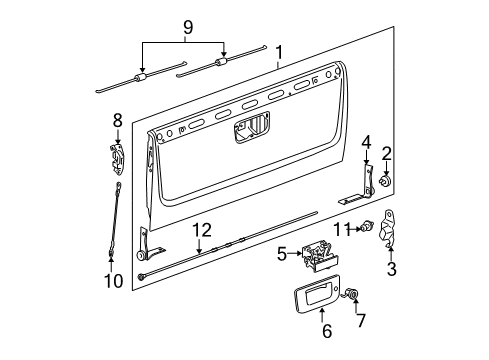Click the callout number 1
pyautogui.click(x=279, y=52)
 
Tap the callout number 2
pyautogui.click(x=386, y=152)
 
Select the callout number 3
pyautogui.click(x=391, y=268)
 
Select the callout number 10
pyautogui.click(x=114, y=281)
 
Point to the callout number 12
pyautogui.click(x=203, y=257)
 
